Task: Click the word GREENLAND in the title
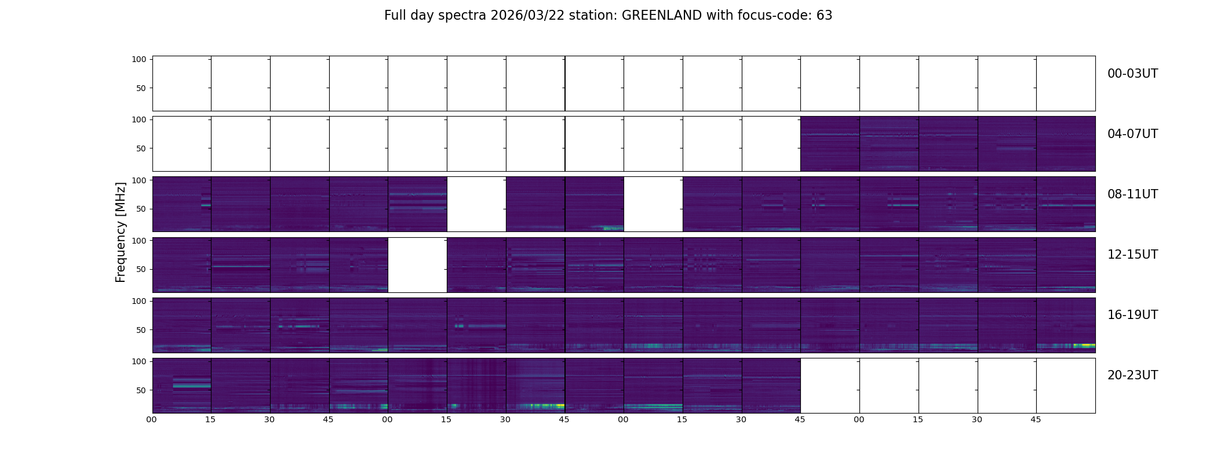click(661, 16)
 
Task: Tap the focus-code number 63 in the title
click(824, 16)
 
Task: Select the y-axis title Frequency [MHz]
click(121, 233)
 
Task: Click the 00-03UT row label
click(1132, 74)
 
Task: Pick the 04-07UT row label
click(1132, 134)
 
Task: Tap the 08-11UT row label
click(1132, 194)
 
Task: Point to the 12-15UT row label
click(1132, 255)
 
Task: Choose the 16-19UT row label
click(1132, 315)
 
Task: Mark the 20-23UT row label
click(1132, 375)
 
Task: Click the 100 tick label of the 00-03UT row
click(139, 60)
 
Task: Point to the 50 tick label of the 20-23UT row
click(141, 390)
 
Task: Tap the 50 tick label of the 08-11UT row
click(141, 209)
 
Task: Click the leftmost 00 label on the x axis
click(152, 419)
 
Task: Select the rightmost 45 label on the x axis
click(1036, 419)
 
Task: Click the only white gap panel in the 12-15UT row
click(417, 264)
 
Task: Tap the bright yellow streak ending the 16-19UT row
click(1084, 345)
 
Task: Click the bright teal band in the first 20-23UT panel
click(192, 385)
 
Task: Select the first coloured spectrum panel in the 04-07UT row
click(830, 143)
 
